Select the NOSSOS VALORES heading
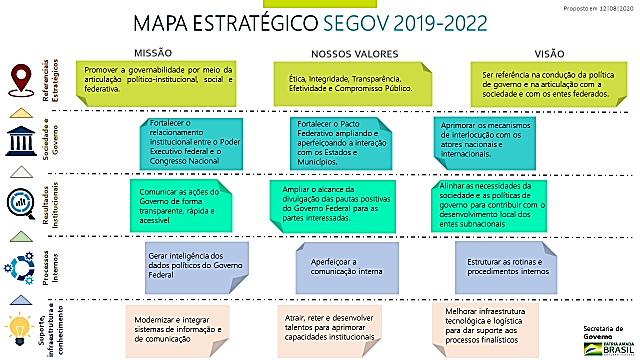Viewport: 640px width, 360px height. [x=355, y=53]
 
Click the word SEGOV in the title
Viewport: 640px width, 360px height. [x=361, y=23]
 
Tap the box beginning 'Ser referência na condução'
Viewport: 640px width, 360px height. [x=547, y=81]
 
